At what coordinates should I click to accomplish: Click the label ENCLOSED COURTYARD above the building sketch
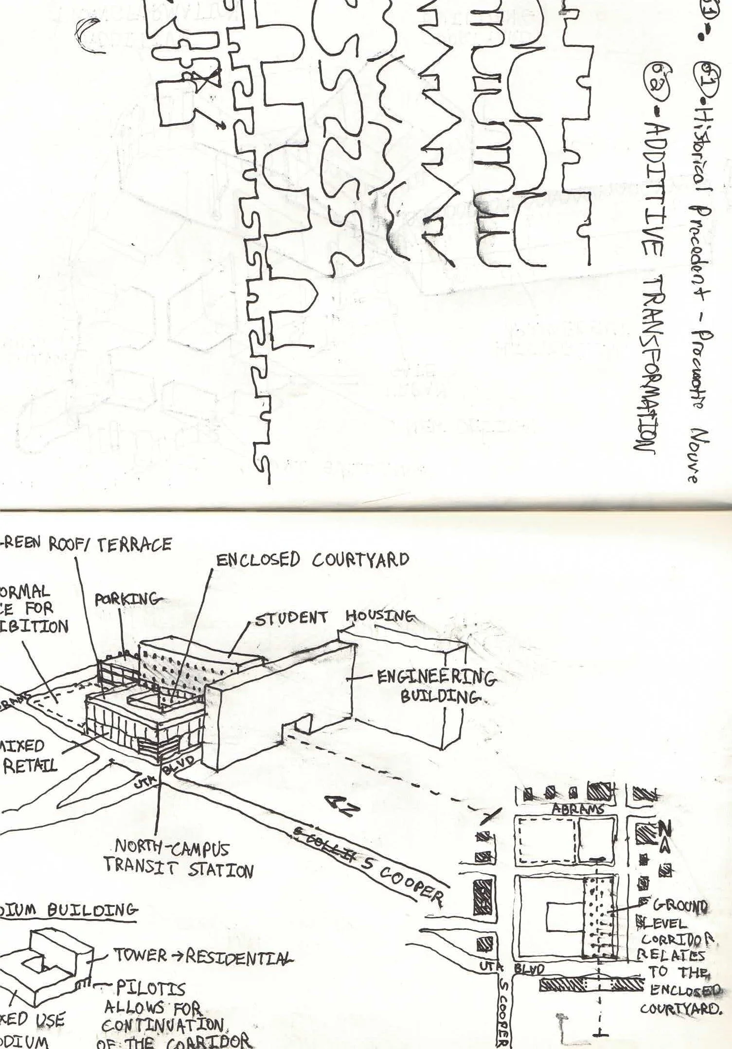point(312,560)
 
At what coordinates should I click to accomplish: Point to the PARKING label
point(127,599)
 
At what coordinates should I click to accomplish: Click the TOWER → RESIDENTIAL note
point(203,955)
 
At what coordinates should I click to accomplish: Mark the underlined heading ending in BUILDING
point(68,909)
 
